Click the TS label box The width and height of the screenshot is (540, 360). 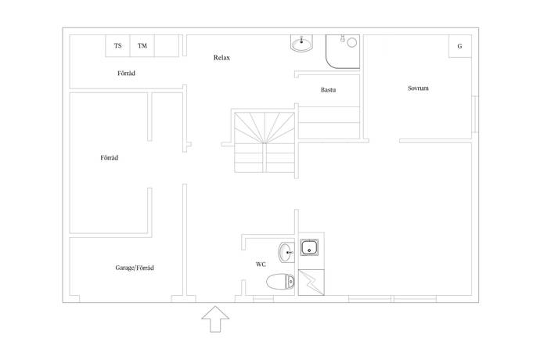click(117, 45)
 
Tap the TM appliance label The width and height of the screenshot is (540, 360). click(142, 45)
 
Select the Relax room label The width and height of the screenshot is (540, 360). click(221, 58)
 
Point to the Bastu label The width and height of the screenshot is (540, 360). click(328, 90)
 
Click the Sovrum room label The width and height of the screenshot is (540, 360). click(418, 88)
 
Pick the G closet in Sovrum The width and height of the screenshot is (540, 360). click(459, 46)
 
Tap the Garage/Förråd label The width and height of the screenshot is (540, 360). click(135, 268)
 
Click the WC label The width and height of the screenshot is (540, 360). click(261, 265)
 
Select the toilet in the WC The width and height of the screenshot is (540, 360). click(280, 283)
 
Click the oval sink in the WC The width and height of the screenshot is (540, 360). click(286, 253)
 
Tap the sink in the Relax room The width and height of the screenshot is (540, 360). click(302, 43)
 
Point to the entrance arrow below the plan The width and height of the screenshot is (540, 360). click(215, 319)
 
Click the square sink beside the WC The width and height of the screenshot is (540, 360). click(309, 247)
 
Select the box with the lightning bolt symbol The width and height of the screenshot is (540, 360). click(311, 283)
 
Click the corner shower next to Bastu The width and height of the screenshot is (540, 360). click(343, 52)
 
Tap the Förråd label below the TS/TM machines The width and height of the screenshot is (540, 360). click(126, 74)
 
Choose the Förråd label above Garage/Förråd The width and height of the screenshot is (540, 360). click(109, 158)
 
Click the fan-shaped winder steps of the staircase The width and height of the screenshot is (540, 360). click(265, 128)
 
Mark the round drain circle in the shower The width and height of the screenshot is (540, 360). click(351, 43)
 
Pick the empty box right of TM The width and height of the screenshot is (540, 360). click(167, 45)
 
